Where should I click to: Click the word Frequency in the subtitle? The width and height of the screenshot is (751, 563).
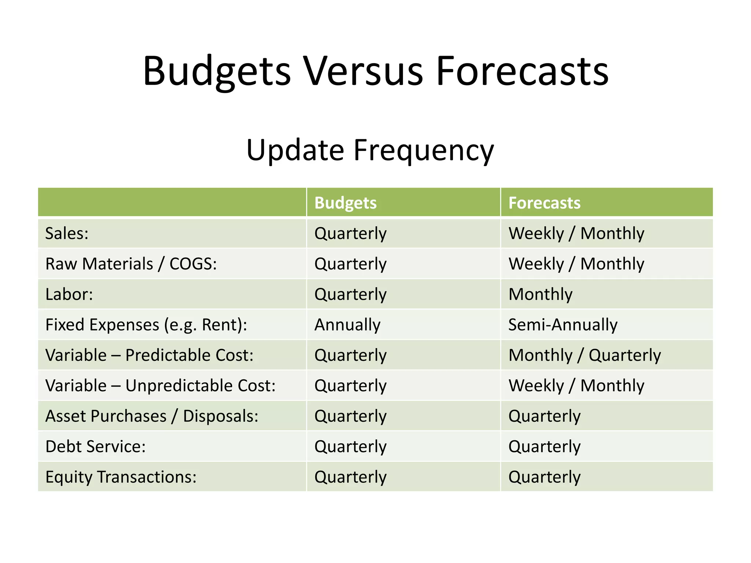[x=424, y=150]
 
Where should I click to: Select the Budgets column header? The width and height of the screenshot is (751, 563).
[x=345, y=203]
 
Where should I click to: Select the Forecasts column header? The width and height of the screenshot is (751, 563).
[x=544, y=203]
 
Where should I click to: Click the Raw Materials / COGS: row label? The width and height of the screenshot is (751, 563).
[x=131, y=264]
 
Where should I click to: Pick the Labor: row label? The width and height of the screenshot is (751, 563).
[x=69, y=294]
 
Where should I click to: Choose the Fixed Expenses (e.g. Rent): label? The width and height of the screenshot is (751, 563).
[x=146, y=325]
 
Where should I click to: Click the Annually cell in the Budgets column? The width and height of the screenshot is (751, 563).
[x=347, y=325]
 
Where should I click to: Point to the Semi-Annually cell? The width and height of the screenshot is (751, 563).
[x=563, y=325]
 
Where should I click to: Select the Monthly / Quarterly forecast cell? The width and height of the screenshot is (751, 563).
[x=585, y=355]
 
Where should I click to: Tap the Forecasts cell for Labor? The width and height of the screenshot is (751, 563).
[x=540, y=294]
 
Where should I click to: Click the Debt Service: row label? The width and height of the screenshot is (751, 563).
[x=95, y=446]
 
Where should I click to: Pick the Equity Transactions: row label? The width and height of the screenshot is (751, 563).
[x=121, y=477]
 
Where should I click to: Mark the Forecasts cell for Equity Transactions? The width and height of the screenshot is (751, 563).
[x=544, y=477]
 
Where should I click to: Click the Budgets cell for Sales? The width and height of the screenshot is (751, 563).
[x=350, y=233]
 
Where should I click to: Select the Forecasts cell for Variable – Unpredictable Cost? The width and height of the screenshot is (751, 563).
[x=576, y=386]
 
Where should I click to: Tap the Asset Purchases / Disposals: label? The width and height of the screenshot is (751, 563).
[x=152, y=416]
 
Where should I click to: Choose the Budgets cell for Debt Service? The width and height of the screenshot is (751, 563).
[x=350, y=446]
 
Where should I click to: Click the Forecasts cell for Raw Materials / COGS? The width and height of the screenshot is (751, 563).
[x=576, y=264]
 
